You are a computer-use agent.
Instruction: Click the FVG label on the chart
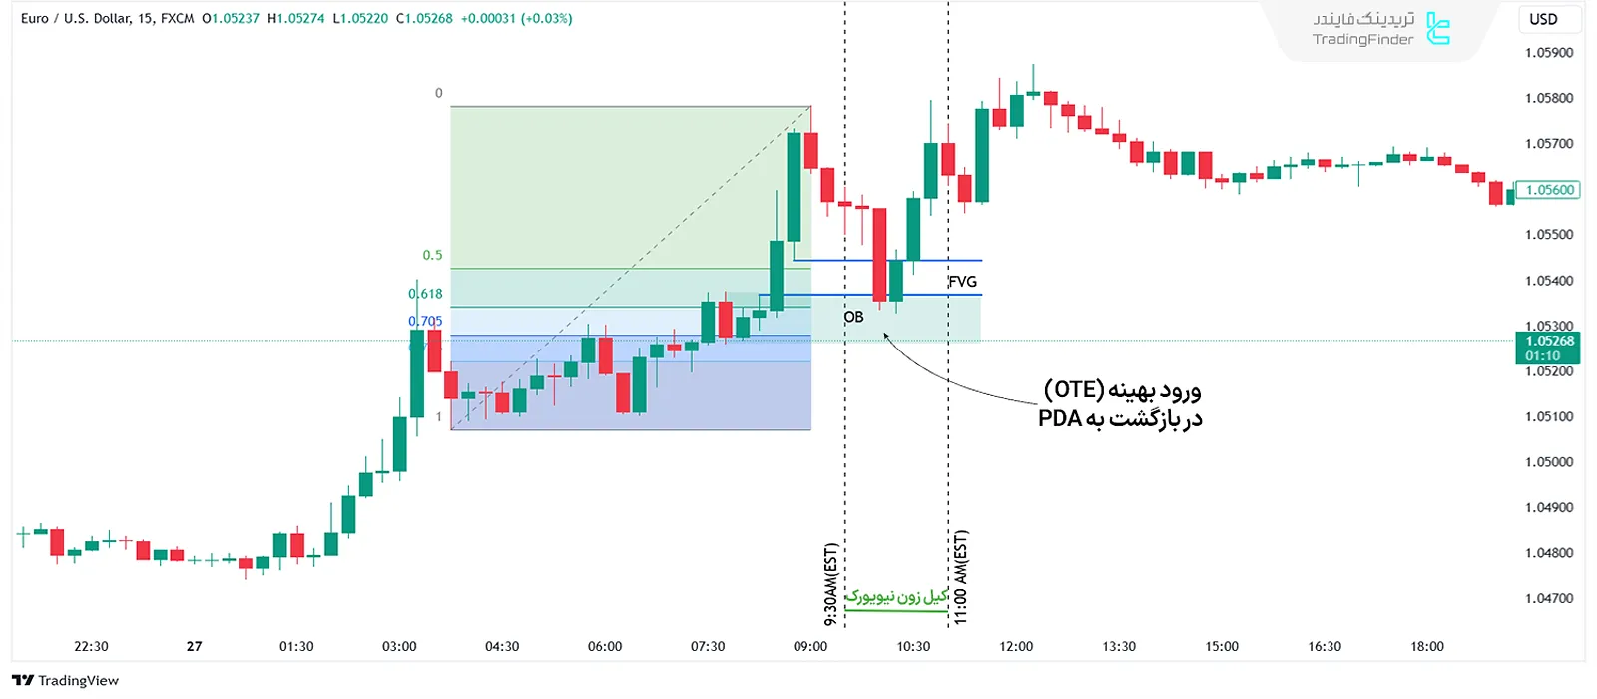[962, 282]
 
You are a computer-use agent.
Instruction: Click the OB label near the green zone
[853, 317]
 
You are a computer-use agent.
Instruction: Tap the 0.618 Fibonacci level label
[425, 294]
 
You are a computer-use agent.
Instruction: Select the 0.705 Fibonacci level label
[425, 321]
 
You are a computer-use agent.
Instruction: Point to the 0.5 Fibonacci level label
[432, 255]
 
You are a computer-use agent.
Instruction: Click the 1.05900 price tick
[1548, 53]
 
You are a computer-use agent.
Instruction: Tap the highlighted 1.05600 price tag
[1548, 190]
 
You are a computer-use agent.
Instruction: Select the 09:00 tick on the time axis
[810, 646]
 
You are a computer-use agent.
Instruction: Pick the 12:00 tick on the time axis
[1016, 646]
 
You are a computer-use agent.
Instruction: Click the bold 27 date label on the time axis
[194, 646]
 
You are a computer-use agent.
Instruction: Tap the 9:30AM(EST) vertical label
[830, 585]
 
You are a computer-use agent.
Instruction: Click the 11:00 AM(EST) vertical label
[960, 577]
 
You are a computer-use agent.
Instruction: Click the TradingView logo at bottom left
[66, 680]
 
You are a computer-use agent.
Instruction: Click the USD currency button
[1543, 19]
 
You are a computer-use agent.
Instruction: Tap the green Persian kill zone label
[896, 597]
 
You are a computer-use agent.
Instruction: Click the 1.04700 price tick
[1548, 598]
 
